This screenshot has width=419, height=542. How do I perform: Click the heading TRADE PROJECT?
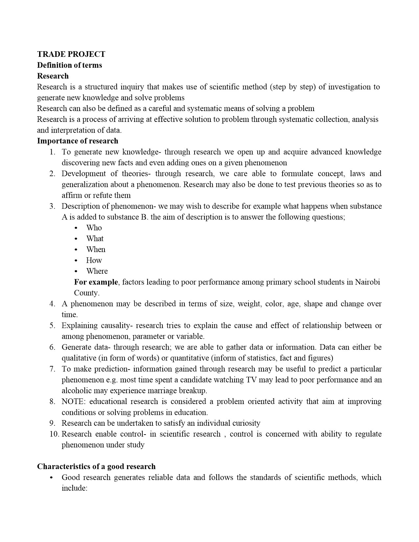71,54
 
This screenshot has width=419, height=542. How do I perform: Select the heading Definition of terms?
69,65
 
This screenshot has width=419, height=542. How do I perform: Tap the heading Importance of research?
78,141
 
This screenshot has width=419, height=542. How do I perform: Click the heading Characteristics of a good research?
96,466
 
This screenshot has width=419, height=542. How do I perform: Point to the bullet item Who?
94,228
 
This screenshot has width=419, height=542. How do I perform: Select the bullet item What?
95,239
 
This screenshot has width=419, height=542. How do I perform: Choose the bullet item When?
96,250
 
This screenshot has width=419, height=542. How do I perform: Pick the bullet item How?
94,260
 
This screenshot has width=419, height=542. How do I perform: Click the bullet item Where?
97,271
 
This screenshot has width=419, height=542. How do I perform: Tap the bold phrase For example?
96,282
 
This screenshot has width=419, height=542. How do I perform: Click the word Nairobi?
367,282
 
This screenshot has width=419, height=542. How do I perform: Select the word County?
86,293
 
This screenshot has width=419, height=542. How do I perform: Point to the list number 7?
52,369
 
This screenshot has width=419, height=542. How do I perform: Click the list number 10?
54,434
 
